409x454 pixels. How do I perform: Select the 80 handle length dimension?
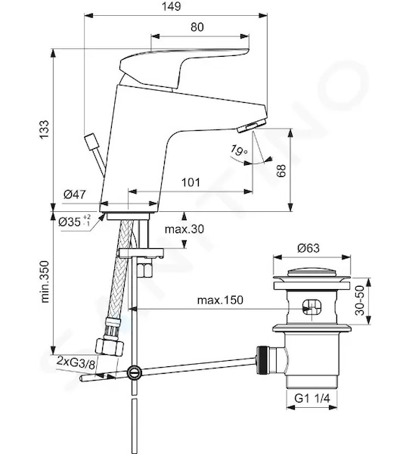point(197,27)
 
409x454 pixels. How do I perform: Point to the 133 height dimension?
point(45,129)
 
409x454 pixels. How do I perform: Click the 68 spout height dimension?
point(281,170)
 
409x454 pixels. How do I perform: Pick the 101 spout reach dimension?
point(191,182)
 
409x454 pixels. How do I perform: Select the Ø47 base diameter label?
point(75,194)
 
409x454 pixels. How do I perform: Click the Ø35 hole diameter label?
point(74,222)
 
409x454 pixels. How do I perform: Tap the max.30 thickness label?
point(184,229)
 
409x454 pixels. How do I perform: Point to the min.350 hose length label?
point(45,281)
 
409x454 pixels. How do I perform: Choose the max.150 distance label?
point(220,300)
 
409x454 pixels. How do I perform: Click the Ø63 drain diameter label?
point(308,248)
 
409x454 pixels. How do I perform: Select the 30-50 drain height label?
point(360,300)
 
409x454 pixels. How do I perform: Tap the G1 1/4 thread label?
point(311,399)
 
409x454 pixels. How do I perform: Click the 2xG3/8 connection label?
point(76,362)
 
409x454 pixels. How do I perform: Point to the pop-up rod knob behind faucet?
point(90,141)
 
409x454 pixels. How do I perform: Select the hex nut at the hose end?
point(110,347)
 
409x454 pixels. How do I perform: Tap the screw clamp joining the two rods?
point(134,372)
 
